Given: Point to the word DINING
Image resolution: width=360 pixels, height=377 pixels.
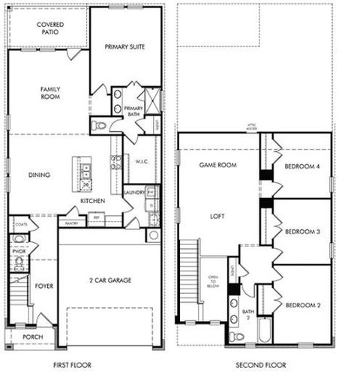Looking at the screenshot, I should point(39,175).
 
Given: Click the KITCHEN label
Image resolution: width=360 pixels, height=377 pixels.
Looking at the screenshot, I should point(92,201).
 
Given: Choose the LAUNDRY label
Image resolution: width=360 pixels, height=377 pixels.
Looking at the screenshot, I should point(135,192).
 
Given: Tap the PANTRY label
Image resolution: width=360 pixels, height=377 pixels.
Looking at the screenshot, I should point(72,223).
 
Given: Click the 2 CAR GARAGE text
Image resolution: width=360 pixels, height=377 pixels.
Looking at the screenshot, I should point(109,279).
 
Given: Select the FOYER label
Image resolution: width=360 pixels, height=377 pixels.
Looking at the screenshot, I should point(42,286).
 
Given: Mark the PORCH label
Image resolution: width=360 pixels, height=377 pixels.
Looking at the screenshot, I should point(32,337).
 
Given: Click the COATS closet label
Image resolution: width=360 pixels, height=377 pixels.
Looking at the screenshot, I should point(21,223).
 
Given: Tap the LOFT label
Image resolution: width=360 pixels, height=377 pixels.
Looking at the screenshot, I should point(217,215).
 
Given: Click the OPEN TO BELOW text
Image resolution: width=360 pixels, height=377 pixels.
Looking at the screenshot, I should point(212,282).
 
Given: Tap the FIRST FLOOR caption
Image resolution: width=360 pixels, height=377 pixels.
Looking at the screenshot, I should point(72,365).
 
